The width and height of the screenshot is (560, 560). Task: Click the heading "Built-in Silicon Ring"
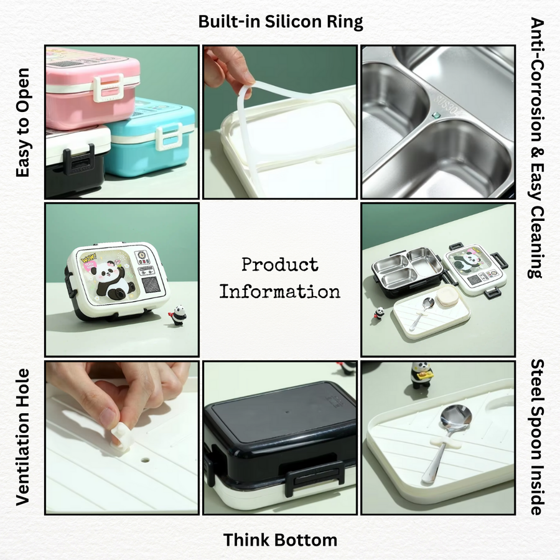click(281, 22)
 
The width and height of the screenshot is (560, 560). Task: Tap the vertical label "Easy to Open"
click(23, 123)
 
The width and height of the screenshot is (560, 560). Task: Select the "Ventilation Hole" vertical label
click(23, 437)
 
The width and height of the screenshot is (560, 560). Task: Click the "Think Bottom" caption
click(281, 539)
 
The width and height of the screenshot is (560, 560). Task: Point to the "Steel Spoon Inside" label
click(537, 437)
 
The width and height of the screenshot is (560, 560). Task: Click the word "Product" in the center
click(280, 264)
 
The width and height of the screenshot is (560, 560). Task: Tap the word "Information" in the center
click(280, 291)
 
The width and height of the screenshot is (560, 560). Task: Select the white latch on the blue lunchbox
click(170, 136)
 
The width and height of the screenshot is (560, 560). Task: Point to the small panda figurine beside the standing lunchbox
click(178, 315)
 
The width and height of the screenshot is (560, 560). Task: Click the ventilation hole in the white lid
click(145, 460)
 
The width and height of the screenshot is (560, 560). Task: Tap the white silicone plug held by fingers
click(122, 435)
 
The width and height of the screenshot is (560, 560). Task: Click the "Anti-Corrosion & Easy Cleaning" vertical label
click(537, 147)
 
